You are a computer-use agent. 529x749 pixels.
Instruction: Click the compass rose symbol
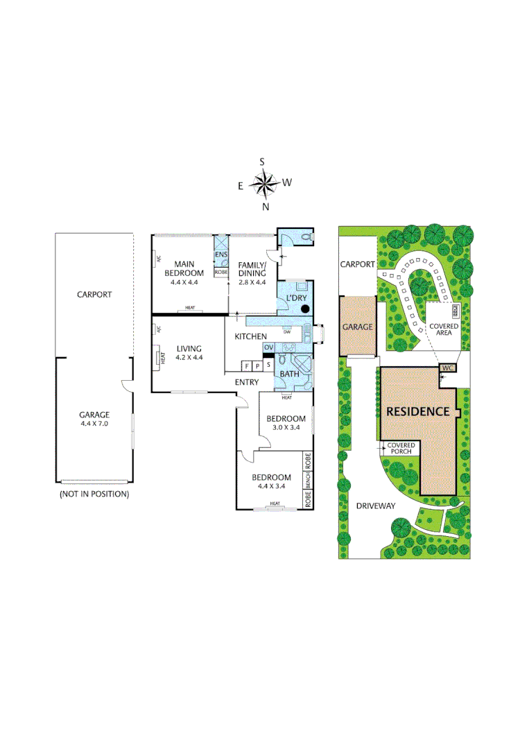(x=263, y=184)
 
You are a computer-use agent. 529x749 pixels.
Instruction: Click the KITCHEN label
(x=250, y=336)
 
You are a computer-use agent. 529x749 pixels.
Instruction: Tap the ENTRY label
(x=247, y=382)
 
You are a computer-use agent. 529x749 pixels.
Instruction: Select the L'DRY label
(x=292, y=298)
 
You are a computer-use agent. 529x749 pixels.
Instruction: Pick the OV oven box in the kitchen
(x=268, y=347)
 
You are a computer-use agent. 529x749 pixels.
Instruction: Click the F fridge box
(x=246, y=365)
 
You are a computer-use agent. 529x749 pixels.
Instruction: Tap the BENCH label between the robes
(x=308, y=480)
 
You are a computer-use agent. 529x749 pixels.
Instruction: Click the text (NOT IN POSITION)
(x=94, y=494)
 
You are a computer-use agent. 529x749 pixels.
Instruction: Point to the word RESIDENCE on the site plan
(x=418, y=411)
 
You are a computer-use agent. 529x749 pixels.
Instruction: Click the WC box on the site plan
(x=448, y=368)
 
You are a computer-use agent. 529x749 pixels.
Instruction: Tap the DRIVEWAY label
(x=376, y=506)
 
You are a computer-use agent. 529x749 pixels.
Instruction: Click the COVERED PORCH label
(x=400, y=448)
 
